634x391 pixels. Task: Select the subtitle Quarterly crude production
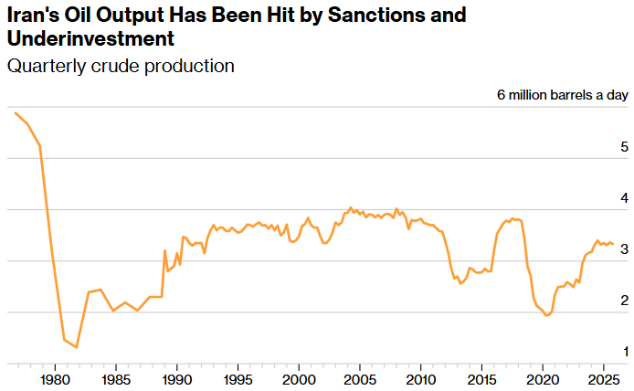pos(121,67)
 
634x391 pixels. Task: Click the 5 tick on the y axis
pos(624,147)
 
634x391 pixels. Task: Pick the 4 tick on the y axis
pos(624,198)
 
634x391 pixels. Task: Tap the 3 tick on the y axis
pos(624,249)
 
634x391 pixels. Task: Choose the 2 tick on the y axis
pos(624,301)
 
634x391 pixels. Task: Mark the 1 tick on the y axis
pos(624,352)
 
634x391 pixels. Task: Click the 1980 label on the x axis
pos(55,378)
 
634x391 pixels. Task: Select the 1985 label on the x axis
pos(116,378)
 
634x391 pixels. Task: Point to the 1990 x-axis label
pos(176,378)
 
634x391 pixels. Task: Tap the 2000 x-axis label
pos(299,378)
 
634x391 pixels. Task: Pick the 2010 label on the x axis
pos(420,378)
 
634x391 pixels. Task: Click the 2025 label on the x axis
pos(603,378)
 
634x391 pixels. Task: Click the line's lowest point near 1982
pos(77,347)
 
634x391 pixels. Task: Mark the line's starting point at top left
pos(16,112)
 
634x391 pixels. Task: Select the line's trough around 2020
pos(546,315)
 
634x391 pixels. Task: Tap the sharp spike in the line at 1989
pos(165,250)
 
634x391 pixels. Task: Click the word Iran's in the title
pos(33,16)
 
